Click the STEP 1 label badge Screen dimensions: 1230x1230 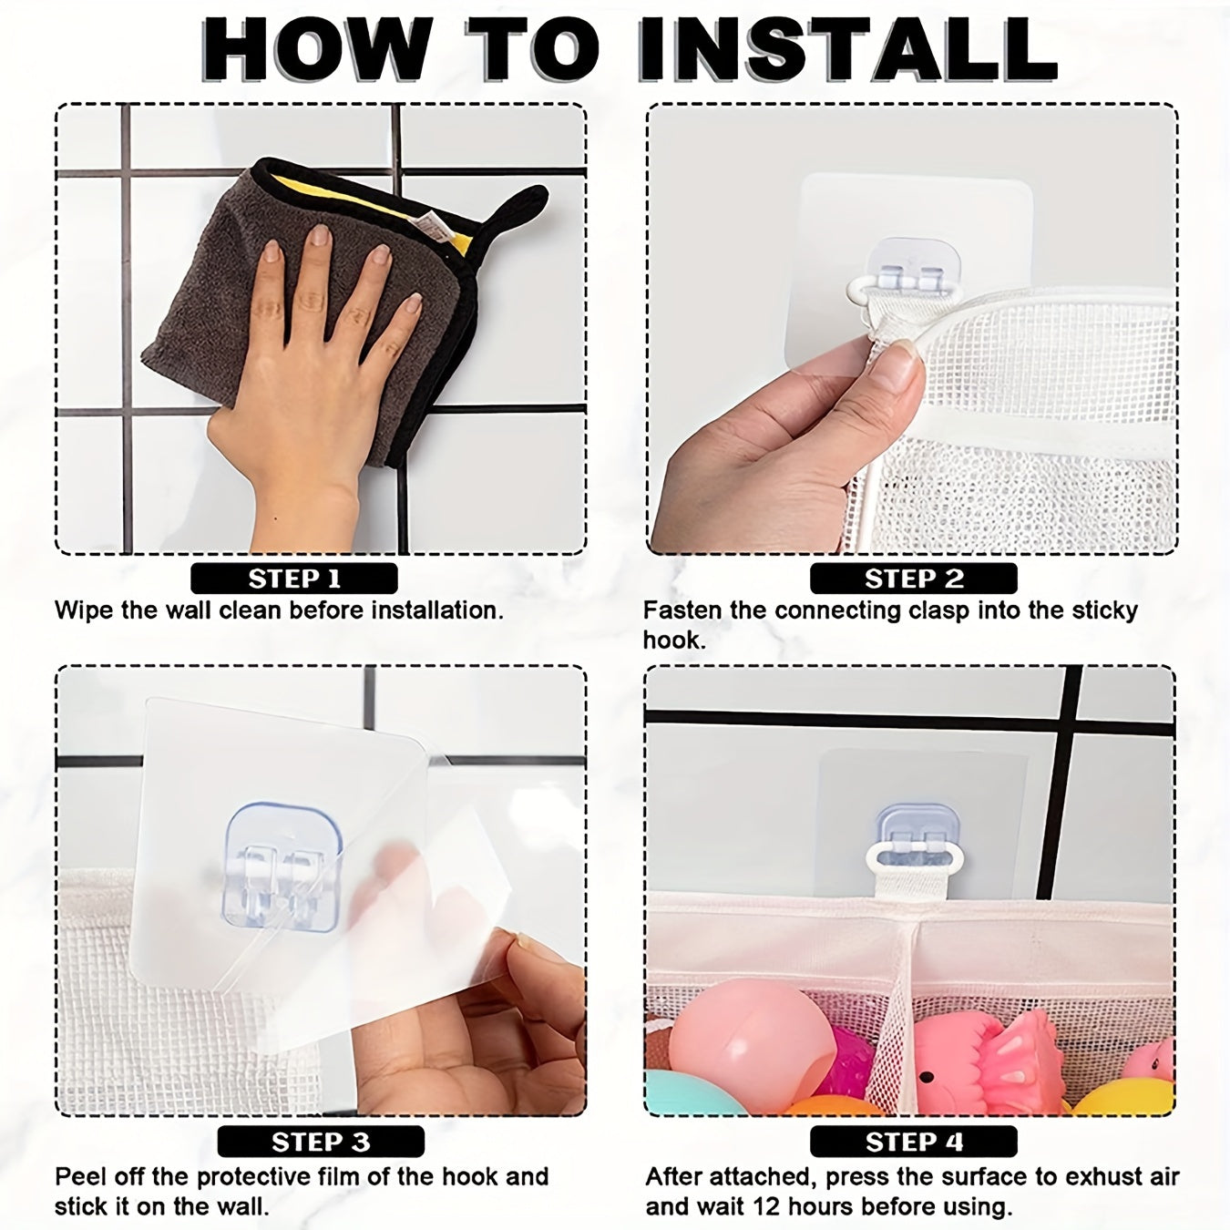(293, 579)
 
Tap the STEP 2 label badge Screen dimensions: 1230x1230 (913, 579)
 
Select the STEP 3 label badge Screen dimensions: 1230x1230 (321, 1142)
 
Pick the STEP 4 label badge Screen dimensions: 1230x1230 (913, 1142)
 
